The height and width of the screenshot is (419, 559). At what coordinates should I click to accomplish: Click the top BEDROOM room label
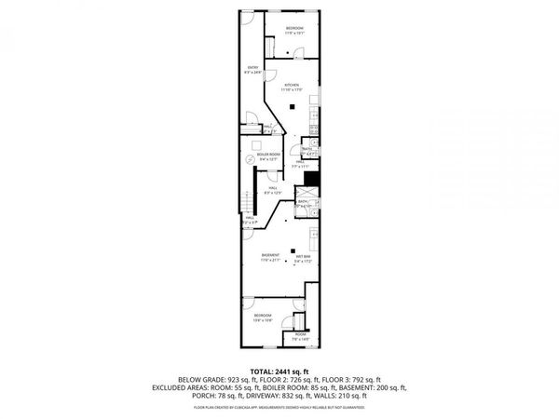coord(294,28)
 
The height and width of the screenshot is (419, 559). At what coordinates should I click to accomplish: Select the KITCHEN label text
coord(292,85)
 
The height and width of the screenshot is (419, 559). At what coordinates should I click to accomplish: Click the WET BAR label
coord(304,256)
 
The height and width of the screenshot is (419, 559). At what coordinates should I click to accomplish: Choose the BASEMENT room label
coord(270,256)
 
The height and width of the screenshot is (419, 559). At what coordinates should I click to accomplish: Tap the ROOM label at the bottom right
coord(301,333)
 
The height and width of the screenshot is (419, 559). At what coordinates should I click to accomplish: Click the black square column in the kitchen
coord(292,106)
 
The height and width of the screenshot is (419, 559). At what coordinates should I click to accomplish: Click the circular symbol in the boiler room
coord(250,159)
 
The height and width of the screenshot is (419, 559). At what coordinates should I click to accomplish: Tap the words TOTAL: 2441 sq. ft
coord(279,372)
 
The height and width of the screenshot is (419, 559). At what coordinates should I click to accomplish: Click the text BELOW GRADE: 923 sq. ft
coord(211,380)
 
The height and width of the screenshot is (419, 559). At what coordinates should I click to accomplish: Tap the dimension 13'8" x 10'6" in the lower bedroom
coord(263,321)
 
